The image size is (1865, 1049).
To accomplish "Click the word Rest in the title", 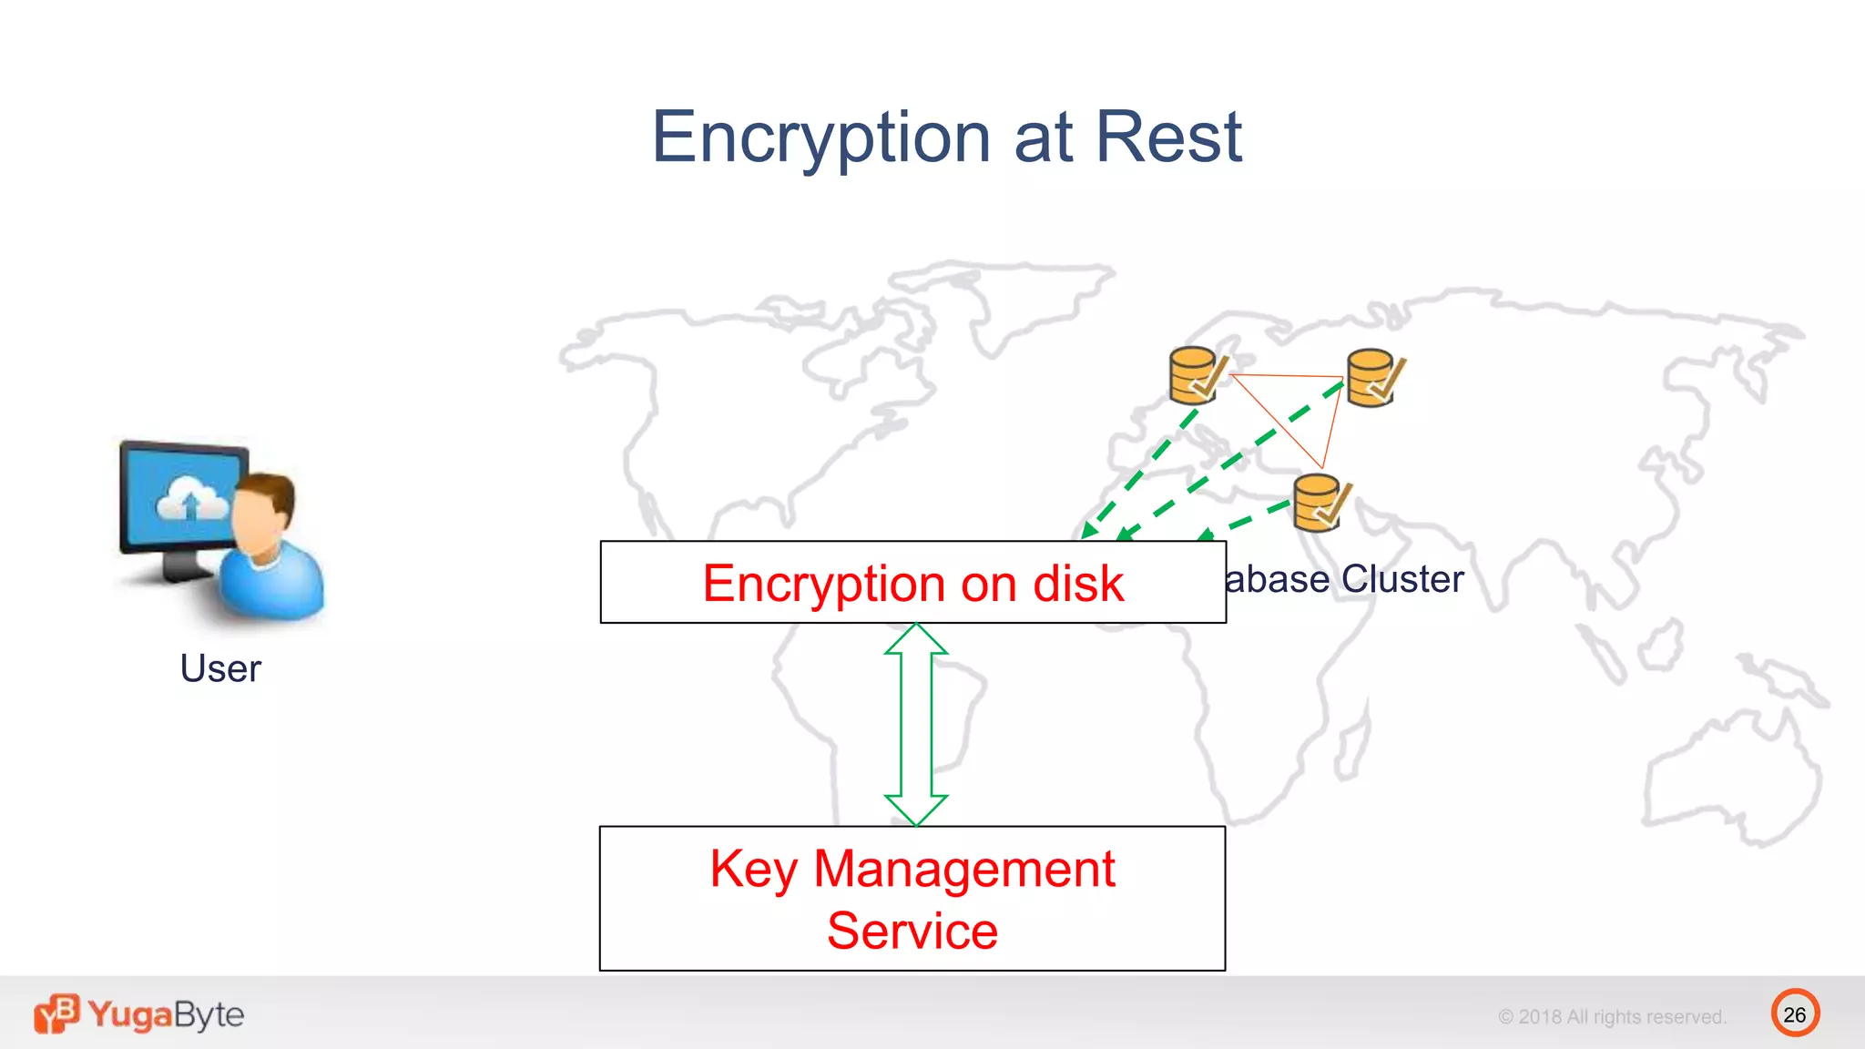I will tap(1168, 137).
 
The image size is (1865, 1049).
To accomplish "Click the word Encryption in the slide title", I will tap(820, 138).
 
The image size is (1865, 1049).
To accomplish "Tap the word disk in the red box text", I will tap(1078, 584).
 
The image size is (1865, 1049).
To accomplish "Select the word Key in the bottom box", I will tap(753, 870).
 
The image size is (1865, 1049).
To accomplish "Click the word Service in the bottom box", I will tap(912, 931).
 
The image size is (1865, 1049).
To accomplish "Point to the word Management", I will tap(963, 870).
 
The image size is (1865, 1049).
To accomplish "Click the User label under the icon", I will tap(220, 668).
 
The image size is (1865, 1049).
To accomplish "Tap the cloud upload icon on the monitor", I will tap(190, 500).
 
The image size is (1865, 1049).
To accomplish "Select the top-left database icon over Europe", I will tap(1195, 375).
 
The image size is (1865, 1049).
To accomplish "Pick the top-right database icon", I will tap(1373, 377).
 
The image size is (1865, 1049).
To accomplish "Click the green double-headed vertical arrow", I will tap(916, 725).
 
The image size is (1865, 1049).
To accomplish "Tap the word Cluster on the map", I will tap(1402, 579).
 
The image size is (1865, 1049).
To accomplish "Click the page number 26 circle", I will tap(1795, 1013).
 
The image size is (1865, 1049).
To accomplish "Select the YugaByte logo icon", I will tap(56, 1013).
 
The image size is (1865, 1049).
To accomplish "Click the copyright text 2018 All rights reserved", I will tap(1613, 1017).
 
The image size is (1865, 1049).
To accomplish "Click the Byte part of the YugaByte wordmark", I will tap(209, 1014).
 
